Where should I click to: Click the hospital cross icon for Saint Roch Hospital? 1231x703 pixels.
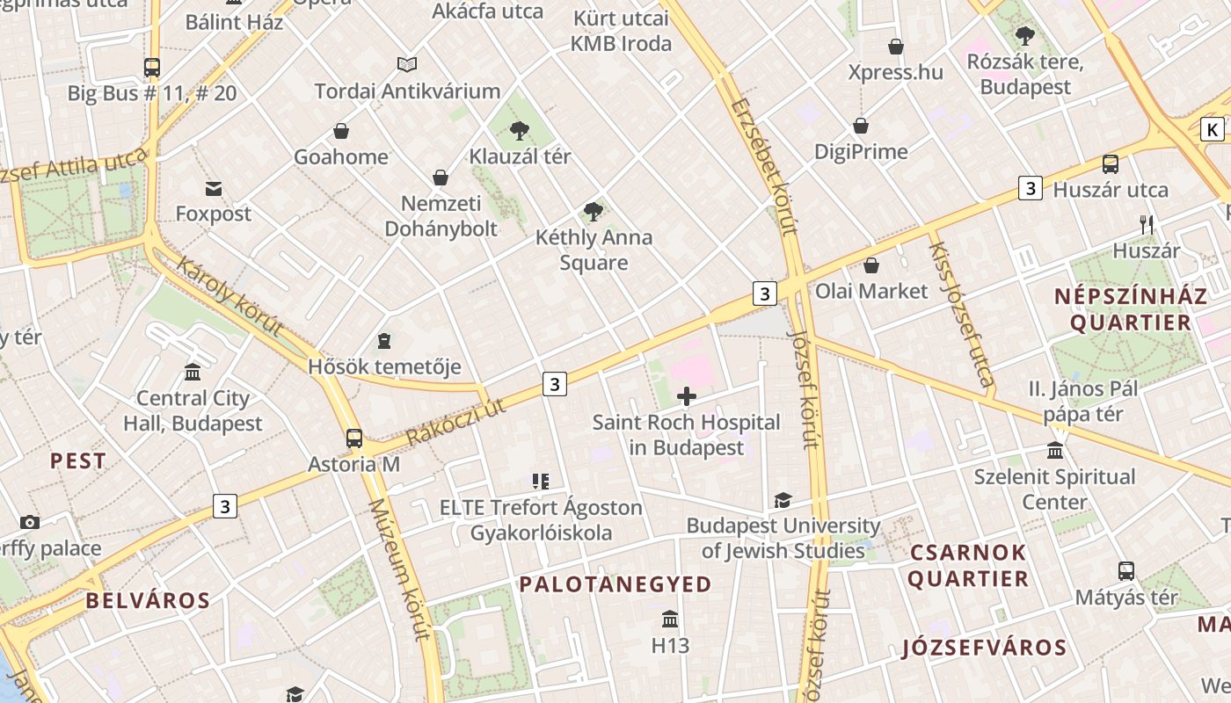coord(687,397)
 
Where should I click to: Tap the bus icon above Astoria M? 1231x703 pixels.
coord(354,438)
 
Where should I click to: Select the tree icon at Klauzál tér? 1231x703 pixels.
coord(520,131)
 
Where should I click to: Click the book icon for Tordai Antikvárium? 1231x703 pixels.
coord(406,64)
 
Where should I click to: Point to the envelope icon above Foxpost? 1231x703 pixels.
coord(213,188)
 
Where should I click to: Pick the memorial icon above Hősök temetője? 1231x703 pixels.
coord(383,340)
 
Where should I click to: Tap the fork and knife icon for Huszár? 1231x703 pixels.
coord(1147,225)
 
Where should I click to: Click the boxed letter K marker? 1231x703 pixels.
coord(1213,130)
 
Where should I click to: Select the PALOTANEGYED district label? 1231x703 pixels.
coord(615,584)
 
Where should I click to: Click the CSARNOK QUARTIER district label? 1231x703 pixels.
coord(968,565)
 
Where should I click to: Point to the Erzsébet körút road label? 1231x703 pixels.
coord(763,167)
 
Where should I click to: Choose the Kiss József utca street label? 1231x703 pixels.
coord(961,314)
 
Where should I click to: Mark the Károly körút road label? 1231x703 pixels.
coord(229,296)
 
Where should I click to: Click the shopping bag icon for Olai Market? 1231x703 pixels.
coord(871,265)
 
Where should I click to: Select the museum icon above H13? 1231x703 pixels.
coord(670,620)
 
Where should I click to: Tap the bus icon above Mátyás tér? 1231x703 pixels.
coord(1126,571)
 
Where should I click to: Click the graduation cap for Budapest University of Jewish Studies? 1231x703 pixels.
coord(783,500)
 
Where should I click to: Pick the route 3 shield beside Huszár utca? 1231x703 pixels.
coord(1031,188)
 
